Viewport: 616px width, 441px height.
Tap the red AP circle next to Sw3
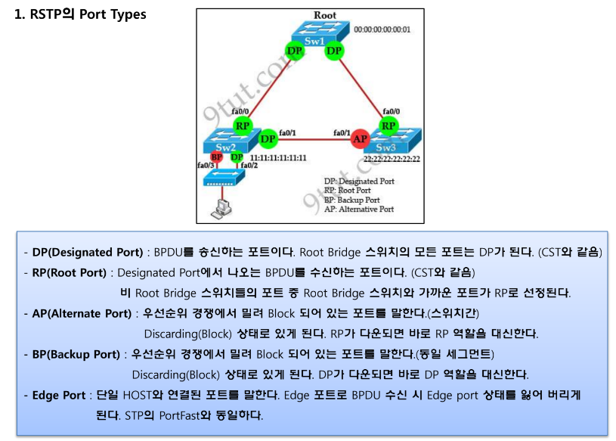click(361, 139)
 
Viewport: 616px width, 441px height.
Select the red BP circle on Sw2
click(216, 157)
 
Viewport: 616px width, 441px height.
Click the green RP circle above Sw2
click(243, 126)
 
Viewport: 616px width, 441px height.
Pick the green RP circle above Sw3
click(388, 125)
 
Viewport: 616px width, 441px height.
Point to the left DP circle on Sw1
click(295, 51)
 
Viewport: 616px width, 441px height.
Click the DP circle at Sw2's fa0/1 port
click(268, 139)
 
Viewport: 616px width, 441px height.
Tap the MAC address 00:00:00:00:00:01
click(382, 30)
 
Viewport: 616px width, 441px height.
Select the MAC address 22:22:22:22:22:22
click(392, 159)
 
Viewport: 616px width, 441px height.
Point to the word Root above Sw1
click(325, 15)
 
